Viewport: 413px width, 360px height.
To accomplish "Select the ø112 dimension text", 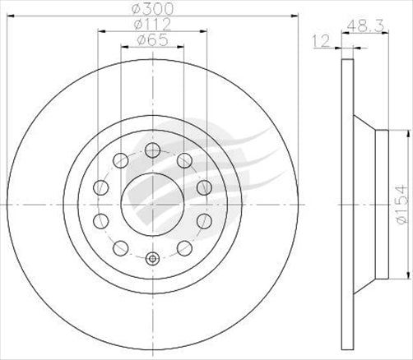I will pos(152,25).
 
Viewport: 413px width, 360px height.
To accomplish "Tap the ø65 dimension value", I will pos(152,40).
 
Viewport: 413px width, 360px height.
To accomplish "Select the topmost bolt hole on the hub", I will pos(152,150).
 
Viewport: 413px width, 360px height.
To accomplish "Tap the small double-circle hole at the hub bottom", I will pos(152,259).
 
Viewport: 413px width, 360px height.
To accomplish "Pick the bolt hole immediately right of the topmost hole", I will pos(184,159).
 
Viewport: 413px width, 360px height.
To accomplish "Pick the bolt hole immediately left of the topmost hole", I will pos(120,159).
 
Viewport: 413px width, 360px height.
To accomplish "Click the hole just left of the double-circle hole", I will pos(120,247).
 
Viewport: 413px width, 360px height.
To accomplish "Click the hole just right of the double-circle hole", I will pos(184,247).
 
